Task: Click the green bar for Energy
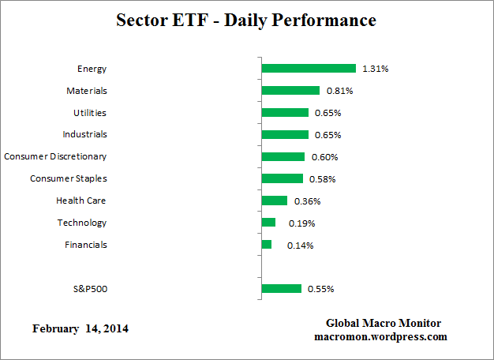pos(308,69)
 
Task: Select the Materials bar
pos(290,91)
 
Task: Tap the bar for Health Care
pos(274,201)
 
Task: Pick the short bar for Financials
pos(266,245)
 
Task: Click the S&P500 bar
pos(281,289)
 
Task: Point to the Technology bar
pos(268,223)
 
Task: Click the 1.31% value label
pos(375,69)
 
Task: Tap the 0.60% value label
pos(324,157)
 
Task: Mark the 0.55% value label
pos(320,289)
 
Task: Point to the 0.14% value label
pos(301,246)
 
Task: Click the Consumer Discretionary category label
pos(55,156)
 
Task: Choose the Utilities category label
pos(89,113)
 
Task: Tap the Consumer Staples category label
pos(68,178)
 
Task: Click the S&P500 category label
pos(89,289)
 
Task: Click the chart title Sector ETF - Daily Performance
pos(246,20)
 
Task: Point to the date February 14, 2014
pos(80,328)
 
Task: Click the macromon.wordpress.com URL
pos(380,336)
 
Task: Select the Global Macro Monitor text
pos(383,324)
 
